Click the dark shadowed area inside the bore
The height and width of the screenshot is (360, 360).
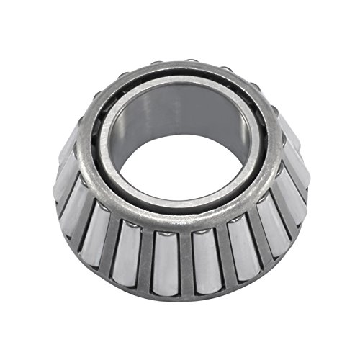216,115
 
